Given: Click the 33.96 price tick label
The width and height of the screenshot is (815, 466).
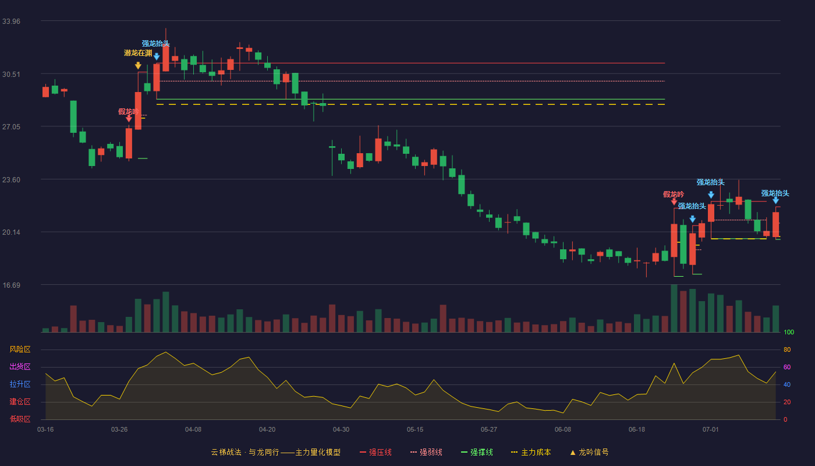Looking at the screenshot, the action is [x=11, y=21].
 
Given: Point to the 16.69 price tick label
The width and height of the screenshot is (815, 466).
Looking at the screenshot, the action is [x=11, y=285].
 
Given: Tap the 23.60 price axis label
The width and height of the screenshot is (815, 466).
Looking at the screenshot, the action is [x=11, y=180].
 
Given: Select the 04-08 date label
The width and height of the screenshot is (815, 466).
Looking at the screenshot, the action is [x=193, y=429].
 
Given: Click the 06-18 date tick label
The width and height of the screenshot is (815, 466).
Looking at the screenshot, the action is [x=637, y=429].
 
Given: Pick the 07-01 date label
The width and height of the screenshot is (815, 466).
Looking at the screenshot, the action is [x=711, y=429].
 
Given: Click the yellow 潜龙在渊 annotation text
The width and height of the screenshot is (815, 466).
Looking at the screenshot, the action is [x=138, y=53].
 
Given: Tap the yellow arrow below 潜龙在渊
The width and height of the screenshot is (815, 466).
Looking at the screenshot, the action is [x=138, y=65].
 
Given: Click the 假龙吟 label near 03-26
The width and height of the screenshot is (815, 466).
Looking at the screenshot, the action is [x=128, y=111].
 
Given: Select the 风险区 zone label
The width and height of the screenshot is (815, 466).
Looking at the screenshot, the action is [x=20, y=349].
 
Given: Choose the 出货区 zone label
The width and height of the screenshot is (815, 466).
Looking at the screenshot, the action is [x=20, y=366].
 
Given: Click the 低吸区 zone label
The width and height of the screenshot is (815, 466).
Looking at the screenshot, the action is [x=20, y=419].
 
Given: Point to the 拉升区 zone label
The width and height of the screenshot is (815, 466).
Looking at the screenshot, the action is [x=20, y=384].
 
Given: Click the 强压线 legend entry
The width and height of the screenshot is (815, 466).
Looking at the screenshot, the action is [x=375, y=452].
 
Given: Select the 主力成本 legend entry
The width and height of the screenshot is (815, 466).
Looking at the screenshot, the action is [x=531, y=452].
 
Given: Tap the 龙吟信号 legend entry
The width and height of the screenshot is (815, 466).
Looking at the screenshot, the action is [x=589, y=452].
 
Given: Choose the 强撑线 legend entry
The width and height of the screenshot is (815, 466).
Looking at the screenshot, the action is [x=477, y=452].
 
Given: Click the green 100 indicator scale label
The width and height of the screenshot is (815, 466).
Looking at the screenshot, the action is [x=789, y=332].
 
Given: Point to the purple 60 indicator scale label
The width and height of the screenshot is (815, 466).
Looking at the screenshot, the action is [x=787, y=367].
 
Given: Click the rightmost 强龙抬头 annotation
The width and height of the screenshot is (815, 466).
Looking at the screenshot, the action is [x=775, y=193].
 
